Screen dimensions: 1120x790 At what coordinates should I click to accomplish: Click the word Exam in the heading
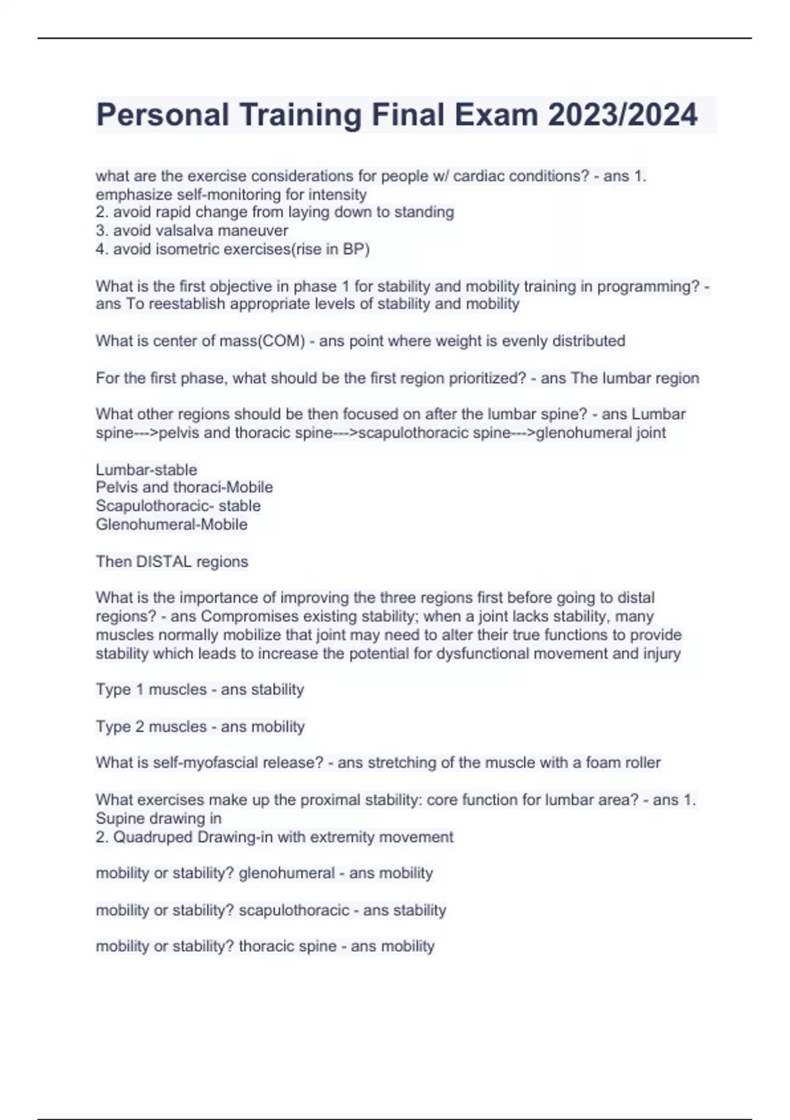[500, 115]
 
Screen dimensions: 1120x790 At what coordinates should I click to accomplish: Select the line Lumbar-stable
[146, 470]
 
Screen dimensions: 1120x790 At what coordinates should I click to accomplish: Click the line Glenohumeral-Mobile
[172, 524]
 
